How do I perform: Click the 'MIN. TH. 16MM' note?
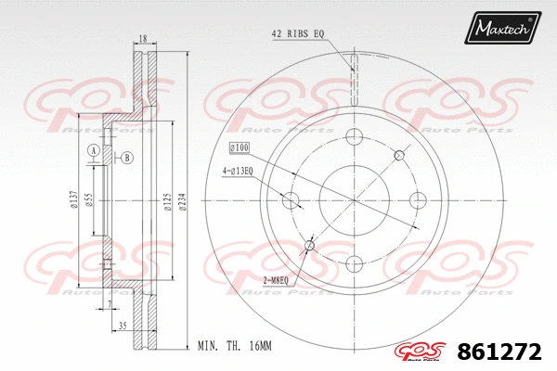234,345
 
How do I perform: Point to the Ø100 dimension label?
240,147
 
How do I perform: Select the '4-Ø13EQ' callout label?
238,171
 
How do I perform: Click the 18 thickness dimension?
142,39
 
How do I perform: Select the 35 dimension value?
122,326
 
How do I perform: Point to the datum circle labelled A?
92,150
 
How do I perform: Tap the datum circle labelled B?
126,158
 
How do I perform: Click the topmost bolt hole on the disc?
354,138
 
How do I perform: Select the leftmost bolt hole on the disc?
291,199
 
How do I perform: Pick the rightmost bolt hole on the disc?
417,199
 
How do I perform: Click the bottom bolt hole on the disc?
354,262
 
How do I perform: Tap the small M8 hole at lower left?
309,245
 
